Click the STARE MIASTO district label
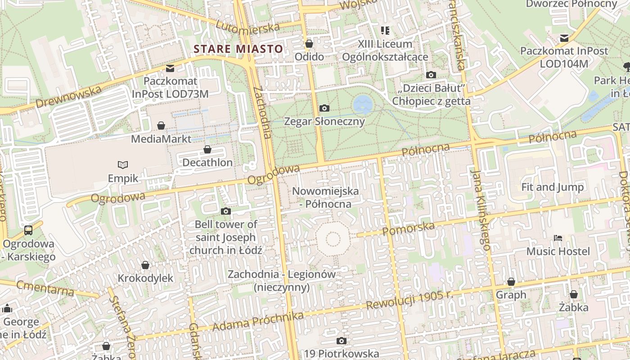[x=238, y=49]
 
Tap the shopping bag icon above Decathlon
[x=207, y=149]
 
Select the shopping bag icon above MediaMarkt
[x=161, y=126]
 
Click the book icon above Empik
[x=123, y=165]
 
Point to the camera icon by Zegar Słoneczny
[x=324, y=108]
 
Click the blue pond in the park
[x=363, y=104]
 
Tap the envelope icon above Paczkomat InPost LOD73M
[x=170, y=68]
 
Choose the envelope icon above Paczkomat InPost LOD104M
[x=564, y=38]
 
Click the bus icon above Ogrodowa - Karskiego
[x=28, y=230]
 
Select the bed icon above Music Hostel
[x=558, y=238]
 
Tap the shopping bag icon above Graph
[x=511, y=282]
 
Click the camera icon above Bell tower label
[x=226, y=211]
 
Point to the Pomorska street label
[x=408, y=228]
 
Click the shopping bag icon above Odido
[x=309, y=44]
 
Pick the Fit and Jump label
[x=552, y=187]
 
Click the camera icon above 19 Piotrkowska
[x=342, y=341]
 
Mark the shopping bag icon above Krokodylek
[x=145, y=265]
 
